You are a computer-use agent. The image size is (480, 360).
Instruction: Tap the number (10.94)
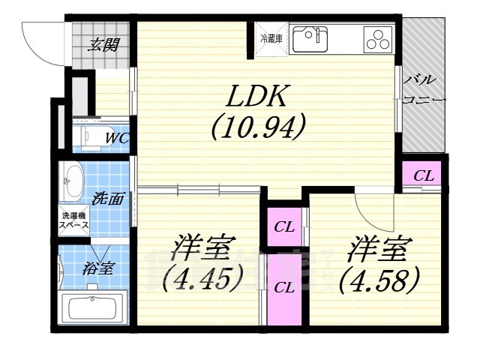pos(257,129)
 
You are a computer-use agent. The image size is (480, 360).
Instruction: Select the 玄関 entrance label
pos(104,44)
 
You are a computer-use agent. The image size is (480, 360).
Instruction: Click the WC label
pos(115,137)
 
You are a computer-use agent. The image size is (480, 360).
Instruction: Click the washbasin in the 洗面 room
pos(73,181)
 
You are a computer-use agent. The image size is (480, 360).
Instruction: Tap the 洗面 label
pos(109,199)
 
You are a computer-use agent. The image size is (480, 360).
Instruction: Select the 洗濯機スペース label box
pos(74,220)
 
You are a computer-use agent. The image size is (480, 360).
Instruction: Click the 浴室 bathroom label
pos(98,267)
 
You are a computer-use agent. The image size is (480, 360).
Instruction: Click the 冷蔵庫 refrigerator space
pos(269,37)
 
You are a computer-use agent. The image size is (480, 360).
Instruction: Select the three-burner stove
pos(379,38)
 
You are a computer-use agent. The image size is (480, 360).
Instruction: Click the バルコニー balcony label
pos(424,88)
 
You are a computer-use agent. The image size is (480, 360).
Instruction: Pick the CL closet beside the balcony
pos(423,175)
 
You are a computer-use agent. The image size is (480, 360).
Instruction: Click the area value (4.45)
pos(203,280)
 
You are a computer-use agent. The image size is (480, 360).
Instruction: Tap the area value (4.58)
pos(377,280)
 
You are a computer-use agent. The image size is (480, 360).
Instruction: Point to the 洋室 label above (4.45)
pos(203,248)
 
